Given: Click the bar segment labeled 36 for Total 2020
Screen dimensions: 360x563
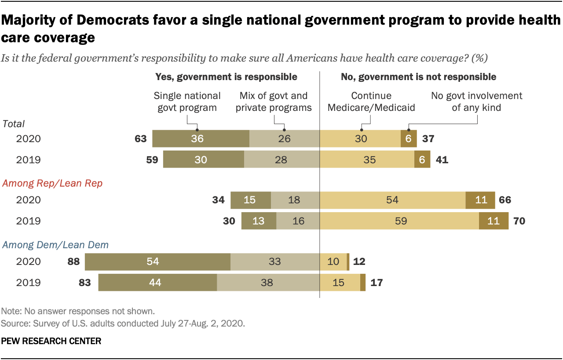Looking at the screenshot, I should click(201, 139).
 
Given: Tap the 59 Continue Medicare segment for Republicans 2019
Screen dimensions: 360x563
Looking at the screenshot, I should click(399, 221).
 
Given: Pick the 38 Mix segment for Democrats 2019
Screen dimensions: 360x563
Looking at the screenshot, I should click(268, 282).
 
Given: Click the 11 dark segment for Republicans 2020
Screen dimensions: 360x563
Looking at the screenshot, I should click(480, 200).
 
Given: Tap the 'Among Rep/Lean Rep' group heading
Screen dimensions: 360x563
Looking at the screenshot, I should click(52, 183).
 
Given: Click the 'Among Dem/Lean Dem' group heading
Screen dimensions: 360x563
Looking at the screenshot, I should click(55, 245).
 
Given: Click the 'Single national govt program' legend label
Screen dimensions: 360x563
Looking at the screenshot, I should click(187, 101).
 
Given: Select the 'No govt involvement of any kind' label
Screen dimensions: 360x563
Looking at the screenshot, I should click(476, 101).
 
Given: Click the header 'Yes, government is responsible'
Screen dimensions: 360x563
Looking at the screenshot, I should click(226, 77).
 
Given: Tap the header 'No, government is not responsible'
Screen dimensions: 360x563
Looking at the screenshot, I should click(418, 77).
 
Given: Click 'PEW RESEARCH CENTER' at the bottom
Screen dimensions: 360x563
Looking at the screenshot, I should click(51, 341).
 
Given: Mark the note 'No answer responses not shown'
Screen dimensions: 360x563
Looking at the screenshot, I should click(78, 311).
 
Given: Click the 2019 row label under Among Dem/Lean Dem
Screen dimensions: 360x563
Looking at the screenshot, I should click(28, 282).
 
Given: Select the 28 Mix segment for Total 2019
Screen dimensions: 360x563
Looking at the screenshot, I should click(281, 159).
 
